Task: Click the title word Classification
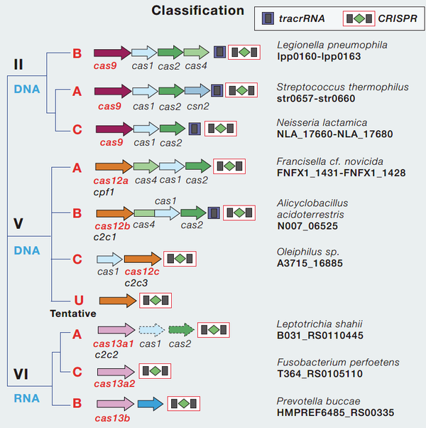point(197,11)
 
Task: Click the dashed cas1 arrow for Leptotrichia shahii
point(151,330)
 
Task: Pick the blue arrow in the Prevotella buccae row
point(150,404)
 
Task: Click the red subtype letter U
point(77,300)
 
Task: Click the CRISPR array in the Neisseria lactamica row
point(221,128)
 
